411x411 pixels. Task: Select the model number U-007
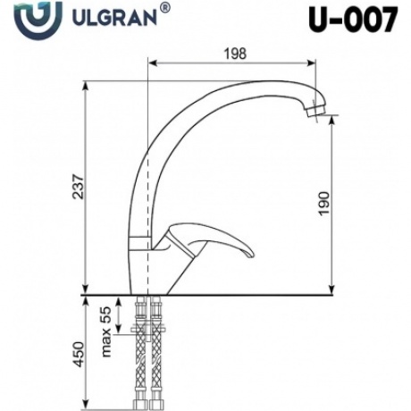355,21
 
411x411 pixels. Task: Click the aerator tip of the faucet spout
312,113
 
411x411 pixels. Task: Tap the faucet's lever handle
214,243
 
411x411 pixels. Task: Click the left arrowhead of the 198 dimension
151,64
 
